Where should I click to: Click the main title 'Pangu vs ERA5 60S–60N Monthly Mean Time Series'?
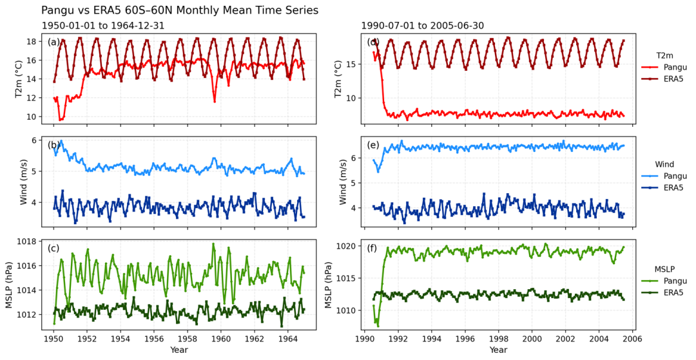(x=180, y=10)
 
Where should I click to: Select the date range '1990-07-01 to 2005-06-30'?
(x=422, y=26)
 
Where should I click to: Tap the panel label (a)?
(x=53, y=42)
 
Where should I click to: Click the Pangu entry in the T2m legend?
(x=667, y=66)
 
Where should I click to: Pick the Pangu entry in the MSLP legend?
(x=667, y=281)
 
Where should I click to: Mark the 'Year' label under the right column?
(x=498, y=350)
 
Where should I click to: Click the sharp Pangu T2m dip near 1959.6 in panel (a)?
(x=215, y=101)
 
